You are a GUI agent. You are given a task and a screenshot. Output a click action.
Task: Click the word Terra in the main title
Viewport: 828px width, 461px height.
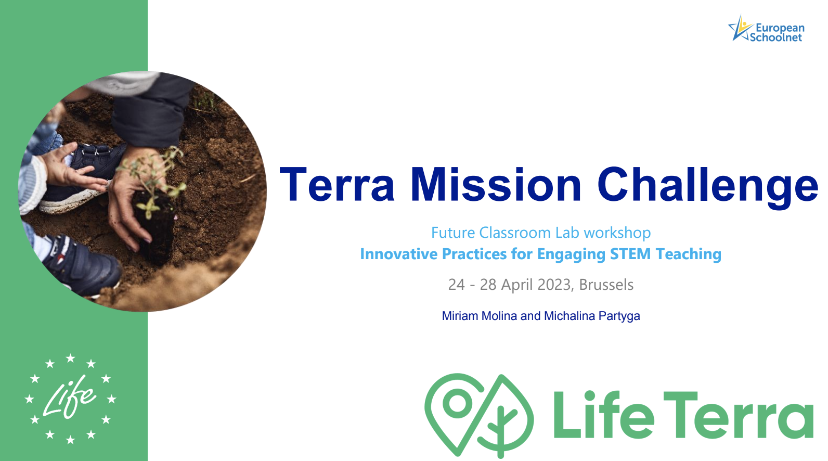pyautogui.click(x=337, y=184)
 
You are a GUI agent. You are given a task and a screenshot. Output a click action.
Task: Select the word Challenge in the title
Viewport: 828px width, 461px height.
pyautogui.click(x=707, y=187)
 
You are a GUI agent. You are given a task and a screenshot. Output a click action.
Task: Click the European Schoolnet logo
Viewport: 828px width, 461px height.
pyautogui.click(x=766, y=29)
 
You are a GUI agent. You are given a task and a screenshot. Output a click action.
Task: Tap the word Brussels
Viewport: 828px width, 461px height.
pyautogui.click(x=606, y=285)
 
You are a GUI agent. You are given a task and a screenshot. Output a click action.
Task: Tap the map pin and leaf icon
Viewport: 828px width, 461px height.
pyautogui.click(x=479, y=416)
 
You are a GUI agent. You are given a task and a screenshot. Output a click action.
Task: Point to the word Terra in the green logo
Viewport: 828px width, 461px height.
pyautogui.click(x=738, y=414)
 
